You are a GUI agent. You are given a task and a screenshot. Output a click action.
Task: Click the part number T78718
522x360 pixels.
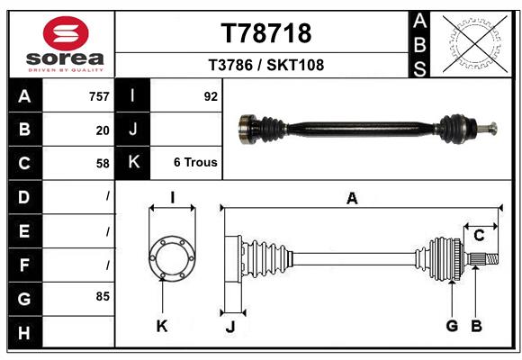click(x=265, y=33)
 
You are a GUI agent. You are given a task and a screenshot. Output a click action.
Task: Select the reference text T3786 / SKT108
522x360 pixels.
click(x=265, y=65)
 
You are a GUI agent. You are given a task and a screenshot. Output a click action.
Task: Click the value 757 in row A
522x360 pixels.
click(x=99, y=96)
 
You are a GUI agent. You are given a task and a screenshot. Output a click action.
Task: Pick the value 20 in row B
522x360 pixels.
click(x=103, y=130)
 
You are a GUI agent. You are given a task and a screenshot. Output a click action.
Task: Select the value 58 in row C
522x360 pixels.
click(x=103, y=164)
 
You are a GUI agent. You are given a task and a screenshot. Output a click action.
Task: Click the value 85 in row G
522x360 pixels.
click(x=103, y=295)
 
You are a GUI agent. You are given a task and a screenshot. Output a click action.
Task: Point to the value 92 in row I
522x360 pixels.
click(x=211, y=96)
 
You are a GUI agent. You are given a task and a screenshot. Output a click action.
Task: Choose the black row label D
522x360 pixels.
click(x=24, y=196)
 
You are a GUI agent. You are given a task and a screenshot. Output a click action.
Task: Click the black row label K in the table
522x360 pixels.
click(x=133, y=164)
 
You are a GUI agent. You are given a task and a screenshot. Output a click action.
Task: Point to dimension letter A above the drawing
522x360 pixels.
click(x=352, y=199)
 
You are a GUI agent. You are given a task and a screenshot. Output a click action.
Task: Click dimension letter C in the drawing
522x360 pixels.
click(x=480, y=236)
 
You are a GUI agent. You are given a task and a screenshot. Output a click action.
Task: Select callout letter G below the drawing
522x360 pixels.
click(x=452, y=326)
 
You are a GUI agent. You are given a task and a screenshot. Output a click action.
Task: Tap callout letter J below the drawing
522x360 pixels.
click(x=229, y=327)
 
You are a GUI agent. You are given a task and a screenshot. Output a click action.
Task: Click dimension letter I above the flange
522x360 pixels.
click(x=171, y=199)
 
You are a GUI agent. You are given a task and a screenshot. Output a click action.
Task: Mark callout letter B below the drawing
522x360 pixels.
click(x=477, y=326)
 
